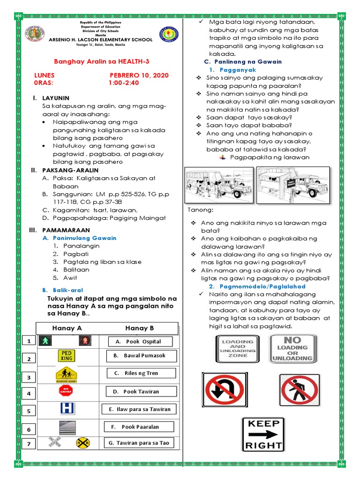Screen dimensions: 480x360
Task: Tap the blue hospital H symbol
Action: (x=67, y=409)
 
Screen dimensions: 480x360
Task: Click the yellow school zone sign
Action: (x=66, y=375)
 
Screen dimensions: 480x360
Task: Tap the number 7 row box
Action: (x=29, y=444)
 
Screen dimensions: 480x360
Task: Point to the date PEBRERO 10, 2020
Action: (x=139, y=75)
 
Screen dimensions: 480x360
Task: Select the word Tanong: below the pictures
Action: (x=200, y=209)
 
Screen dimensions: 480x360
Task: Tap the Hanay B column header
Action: (x=139, y=328)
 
